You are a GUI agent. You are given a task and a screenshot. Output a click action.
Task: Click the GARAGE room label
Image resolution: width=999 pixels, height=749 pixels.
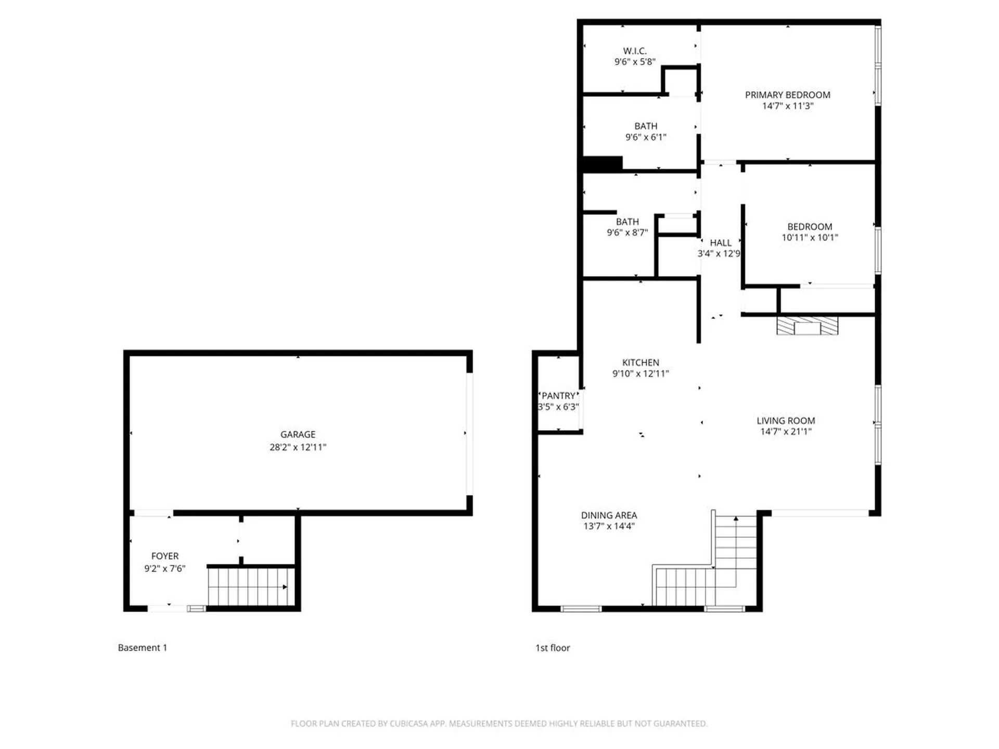(298, 434)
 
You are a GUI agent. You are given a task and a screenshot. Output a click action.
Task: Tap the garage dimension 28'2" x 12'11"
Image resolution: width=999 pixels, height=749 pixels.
(298, 447)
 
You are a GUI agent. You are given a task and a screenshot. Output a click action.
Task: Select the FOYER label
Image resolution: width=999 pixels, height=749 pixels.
(164, 556)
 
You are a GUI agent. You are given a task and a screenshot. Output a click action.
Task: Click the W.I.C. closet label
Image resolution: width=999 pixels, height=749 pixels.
(635, 51)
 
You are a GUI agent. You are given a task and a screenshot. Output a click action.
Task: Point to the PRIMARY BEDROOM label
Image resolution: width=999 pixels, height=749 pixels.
(787, 95)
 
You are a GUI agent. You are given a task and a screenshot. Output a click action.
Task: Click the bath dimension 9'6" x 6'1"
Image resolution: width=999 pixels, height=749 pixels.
(645, 137)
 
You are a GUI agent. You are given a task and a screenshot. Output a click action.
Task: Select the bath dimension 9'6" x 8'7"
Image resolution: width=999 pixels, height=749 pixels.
(627, 233)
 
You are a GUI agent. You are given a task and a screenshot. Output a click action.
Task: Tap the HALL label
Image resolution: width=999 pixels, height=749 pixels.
(721, 243)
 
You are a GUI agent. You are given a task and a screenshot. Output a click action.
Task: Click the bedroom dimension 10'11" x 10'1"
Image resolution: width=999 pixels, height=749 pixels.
(810, 238)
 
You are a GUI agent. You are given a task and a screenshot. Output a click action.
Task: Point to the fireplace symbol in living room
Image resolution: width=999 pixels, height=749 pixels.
(807, 326)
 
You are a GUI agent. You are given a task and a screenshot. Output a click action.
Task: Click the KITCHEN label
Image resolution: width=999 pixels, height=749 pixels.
(641, 363)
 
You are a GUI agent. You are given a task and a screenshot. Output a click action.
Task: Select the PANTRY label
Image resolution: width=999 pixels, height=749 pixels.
(558, 396)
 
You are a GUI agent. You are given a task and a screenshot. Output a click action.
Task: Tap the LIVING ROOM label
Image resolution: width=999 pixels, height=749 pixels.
(786, 421)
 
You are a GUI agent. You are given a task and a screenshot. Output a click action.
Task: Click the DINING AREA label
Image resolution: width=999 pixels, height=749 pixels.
(609, 515)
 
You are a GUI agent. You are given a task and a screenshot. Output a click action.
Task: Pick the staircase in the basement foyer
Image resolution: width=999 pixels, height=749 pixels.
(251, 587)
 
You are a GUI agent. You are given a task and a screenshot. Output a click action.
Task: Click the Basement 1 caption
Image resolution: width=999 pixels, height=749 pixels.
(143, 648)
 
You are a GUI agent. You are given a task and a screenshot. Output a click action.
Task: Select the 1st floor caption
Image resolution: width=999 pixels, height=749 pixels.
(553, 648)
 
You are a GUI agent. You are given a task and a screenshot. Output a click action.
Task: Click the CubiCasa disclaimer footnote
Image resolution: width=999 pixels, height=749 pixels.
(499, 724)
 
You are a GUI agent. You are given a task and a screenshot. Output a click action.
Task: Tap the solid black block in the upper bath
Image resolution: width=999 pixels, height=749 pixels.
(603, 163)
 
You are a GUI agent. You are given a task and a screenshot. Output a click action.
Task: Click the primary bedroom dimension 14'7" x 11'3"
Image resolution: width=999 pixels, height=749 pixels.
(787, 106)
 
